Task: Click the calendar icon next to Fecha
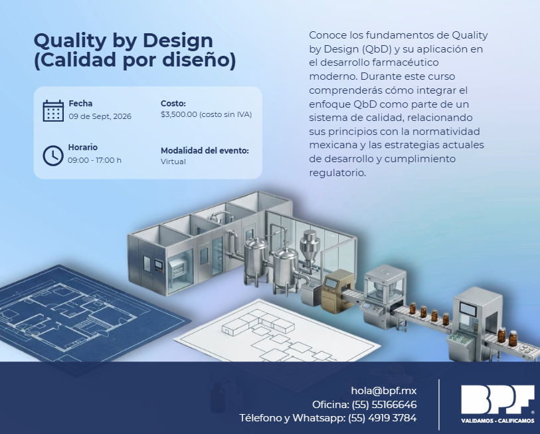click(x=53, y=110)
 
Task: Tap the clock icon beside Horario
click(x=53, y=156)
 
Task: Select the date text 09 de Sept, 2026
click(x=100, y=116)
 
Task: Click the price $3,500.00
click(x=179, y=114)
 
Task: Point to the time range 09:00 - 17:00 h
click(x=95, y=160)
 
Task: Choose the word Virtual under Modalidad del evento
click(x=173, y=162)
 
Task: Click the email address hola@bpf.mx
click(x=384, y=391)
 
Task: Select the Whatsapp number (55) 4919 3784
click(x=383, y=418)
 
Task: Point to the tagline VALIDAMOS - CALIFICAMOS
click(x=497, y=421)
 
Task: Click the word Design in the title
click(x=178, y=41)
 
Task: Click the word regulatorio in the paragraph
click(x=337, y=173)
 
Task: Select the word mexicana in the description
click(x=333, y=145)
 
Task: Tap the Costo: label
click(x=173, y=104)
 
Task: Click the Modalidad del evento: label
click(x=205, y=151)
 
